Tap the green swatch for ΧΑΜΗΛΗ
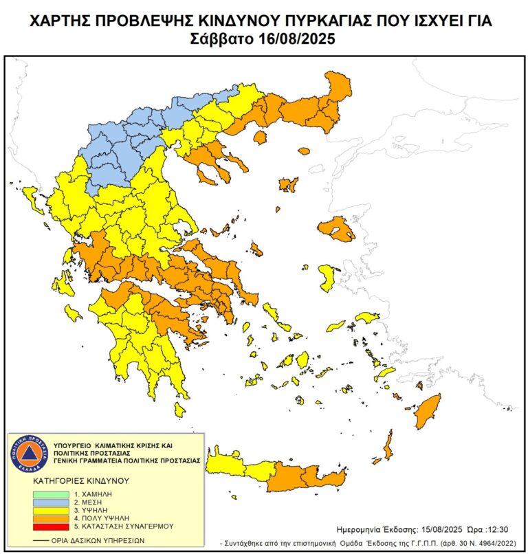(50, 494)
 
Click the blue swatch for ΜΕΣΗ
(50, 502)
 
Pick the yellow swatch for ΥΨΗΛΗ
(50, 510)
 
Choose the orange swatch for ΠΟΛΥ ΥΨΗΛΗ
(50, 518)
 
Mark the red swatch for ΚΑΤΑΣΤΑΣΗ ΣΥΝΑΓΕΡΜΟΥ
(50, 526)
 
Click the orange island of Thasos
(260, 137)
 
